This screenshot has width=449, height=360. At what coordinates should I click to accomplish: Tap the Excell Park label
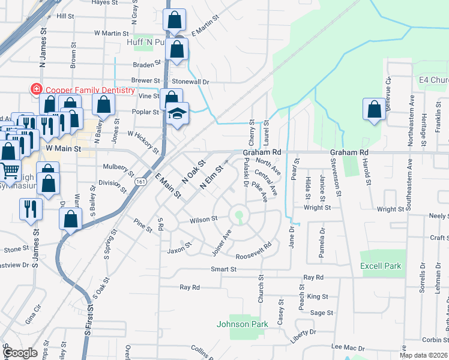[381, 266]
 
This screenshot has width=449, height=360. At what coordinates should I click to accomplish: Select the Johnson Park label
[242, 324]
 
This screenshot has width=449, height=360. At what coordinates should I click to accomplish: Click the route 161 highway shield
[140, 181]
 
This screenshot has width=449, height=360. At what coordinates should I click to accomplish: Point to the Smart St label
[223, 269]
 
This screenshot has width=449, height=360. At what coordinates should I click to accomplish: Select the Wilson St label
[202, 220]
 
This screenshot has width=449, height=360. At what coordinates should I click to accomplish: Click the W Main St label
[63, 148]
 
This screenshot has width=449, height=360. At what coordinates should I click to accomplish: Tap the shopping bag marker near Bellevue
[374, 110]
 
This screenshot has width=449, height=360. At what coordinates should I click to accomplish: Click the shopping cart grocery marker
[10, 171]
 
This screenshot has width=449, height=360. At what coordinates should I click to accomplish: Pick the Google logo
[20, 353]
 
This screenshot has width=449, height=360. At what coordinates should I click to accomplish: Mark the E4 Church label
[433, 80]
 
